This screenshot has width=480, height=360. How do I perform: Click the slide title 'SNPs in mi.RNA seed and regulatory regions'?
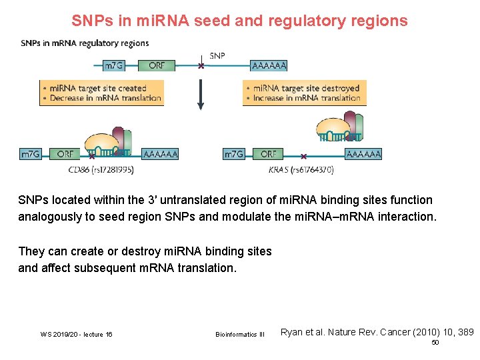pyautogui.click(x=239, y=21)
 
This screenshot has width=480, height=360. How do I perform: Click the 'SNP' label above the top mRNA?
pyautogui.click(x=218, y=55)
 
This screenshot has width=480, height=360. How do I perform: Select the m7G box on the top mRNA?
pyautogui.click(x=113, y=65)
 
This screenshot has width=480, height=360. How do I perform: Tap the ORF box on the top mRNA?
pyautogui.click(x=157, y=65)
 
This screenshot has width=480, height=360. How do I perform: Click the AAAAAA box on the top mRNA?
pyautogui.click(x=269, y=65)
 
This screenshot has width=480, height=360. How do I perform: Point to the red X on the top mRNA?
pyautogui.click(x=200, y=66)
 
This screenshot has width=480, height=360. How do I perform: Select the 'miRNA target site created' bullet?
pyautogui.click(x=101, y=88)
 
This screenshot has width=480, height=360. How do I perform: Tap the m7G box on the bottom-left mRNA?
pyautogui.click(x=31, y=154)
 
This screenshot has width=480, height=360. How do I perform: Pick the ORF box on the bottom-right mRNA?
pyautogui.click(x=268, y=154)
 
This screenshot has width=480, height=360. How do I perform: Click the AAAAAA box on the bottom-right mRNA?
pyautogui.click(x=363, y=154)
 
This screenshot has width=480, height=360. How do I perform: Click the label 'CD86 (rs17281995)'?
pyautogui.click(x=101, y=170)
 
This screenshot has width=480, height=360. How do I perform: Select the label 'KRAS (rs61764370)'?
pyautogui.click(x=301, y=170)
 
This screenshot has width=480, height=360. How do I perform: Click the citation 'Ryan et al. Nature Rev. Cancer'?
pyautogui.click(x=377, y=331)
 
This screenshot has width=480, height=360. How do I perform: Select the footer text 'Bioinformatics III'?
pyautogui.click(x=240, y=334)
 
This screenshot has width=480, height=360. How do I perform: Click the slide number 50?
pyautogui.click(x=435, y=342)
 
